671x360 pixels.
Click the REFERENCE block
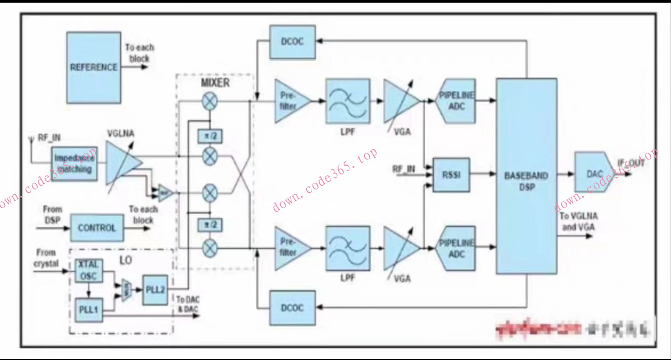click(94, 67)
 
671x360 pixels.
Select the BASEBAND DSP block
click(526, 176)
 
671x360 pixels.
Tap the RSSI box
click(451, 174)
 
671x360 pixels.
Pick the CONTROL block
click(96, 228)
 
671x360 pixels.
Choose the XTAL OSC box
click(87, 271)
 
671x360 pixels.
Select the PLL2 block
click(155, 290)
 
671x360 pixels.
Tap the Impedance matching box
click(75, 163)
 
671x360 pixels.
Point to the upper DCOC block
click(292, 42)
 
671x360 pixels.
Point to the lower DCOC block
click(292, 308)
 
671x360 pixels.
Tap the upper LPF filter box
click(348, 101)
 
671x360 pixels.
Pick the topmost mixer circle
click(210, 100)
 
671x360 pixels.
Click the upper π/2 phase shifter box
click(210, 136)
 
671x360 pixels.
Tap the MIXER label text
click(215, 83)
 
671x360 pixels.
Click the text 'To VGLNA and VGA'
click(578, 221)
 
